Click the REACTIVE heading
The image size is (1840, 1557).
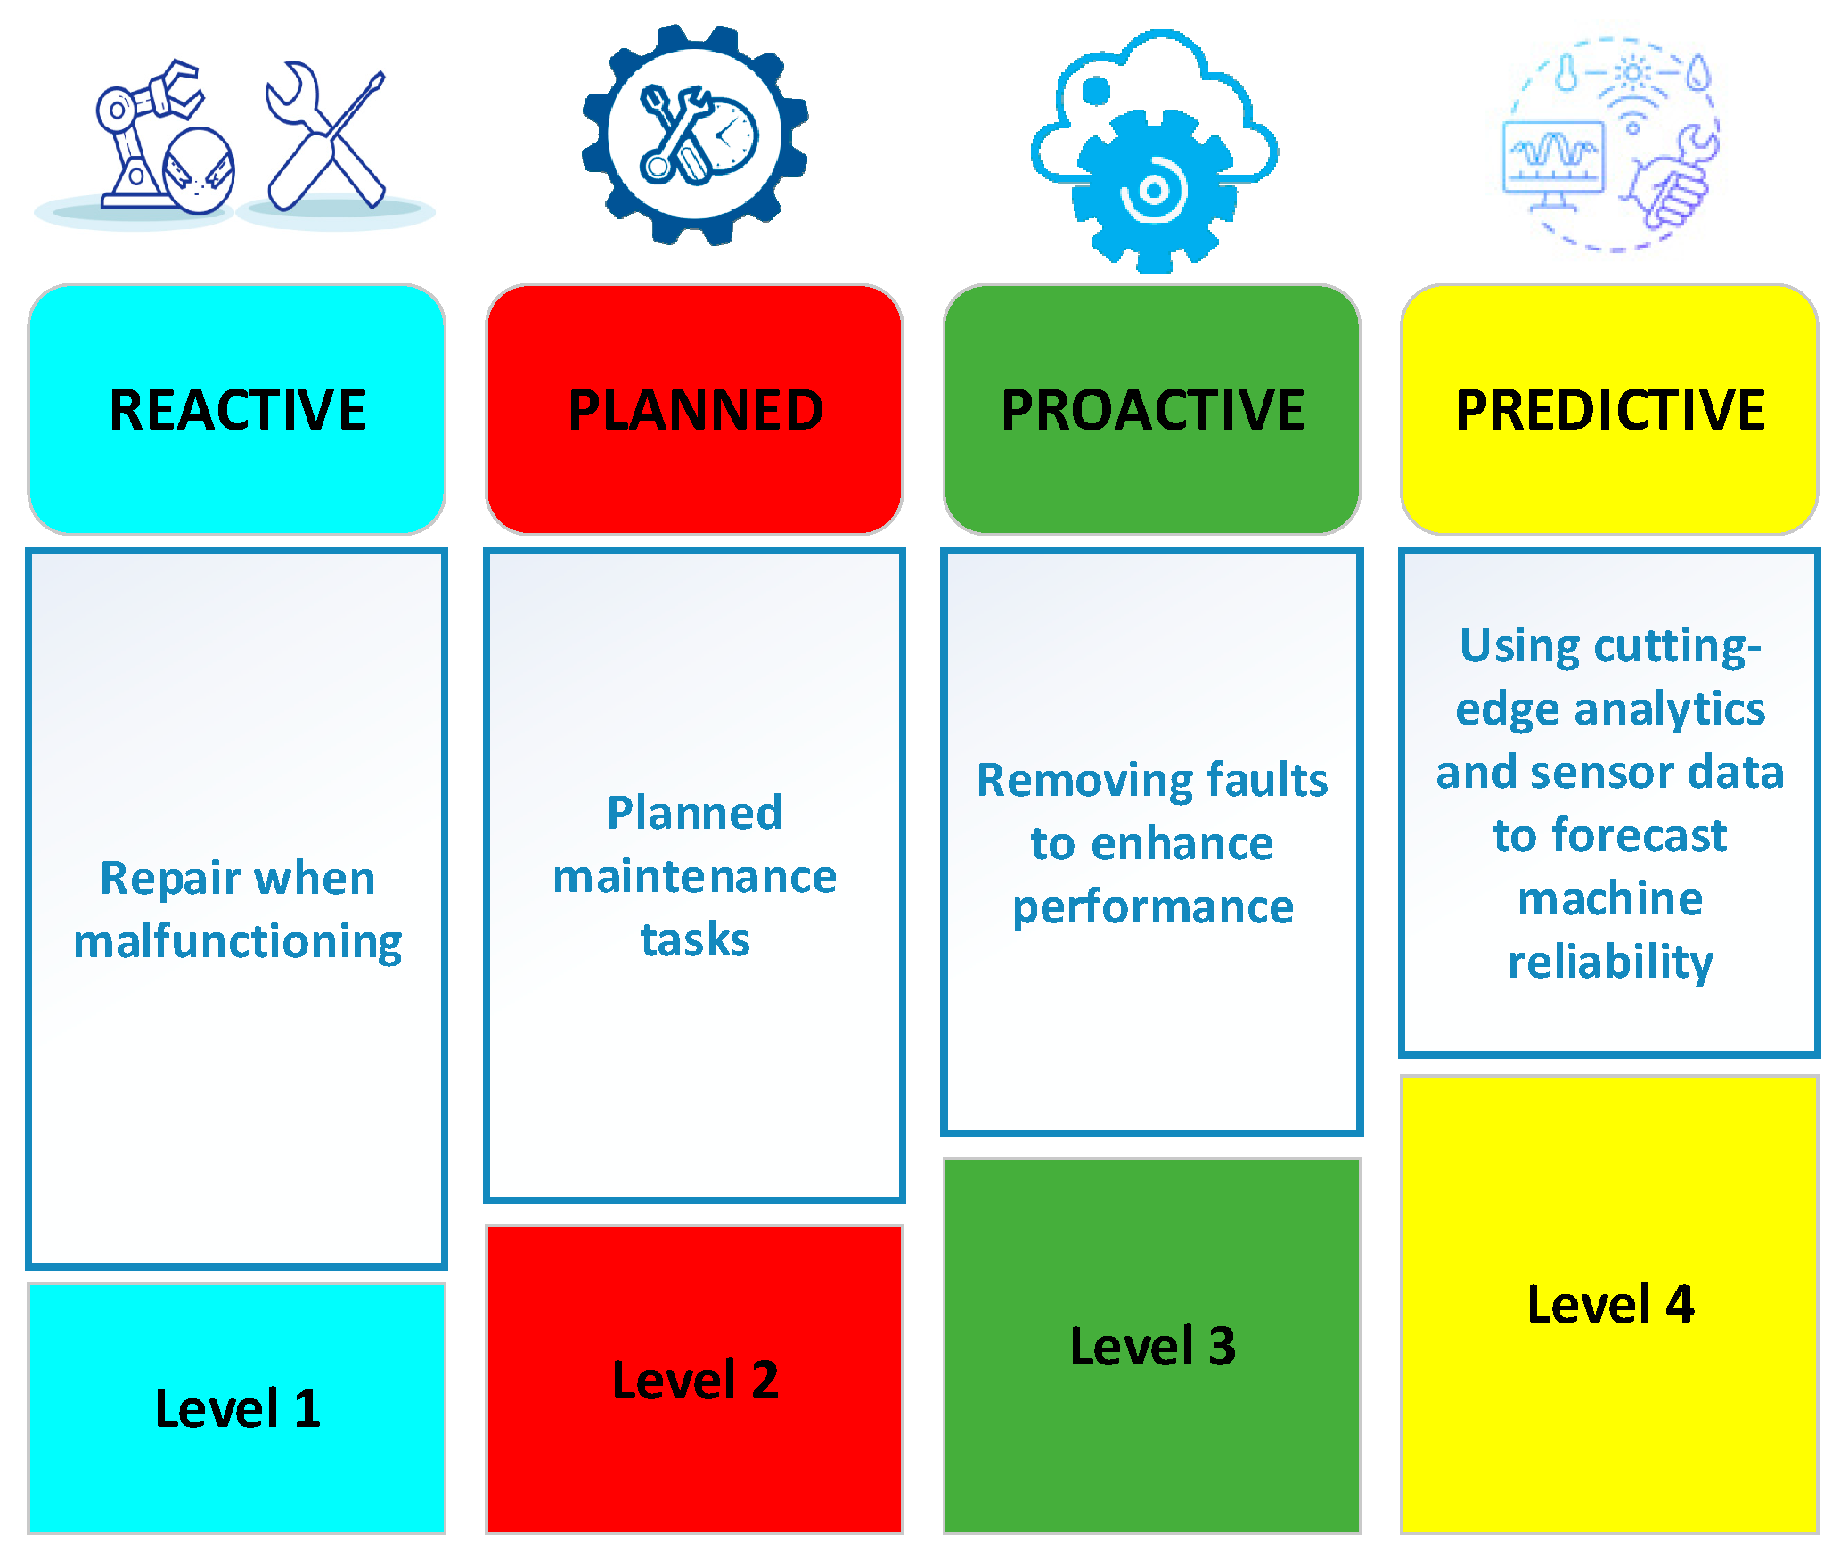tap(237, 410)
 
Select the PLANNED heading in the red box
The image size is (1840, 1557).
tap(695, 410)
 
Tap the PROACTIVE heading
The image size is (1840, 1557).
tap(1152, 410)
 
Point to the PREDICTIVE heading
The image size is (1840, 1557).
tap(1609, 410)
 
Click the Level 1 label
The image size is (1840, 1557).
tap(237, 1408)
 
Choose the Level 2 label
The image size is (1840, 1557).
tap(695, 1380)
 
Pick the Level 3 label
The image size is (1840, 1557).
tap(1152, 1345)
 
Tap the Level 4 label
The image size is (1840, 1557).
tap(1609, 1304)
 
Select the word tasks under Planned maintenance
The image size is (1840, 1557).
tap(695, 939)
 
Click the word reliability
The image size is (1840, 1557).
tap(1609, 963)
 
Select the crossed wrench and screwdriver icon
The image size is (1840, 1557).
tap(326, 135)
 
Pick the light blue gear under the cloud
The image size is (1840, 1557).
tap(1155, 191)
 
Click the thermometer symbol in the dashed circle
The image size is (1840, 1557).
tap(1566, 71)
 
